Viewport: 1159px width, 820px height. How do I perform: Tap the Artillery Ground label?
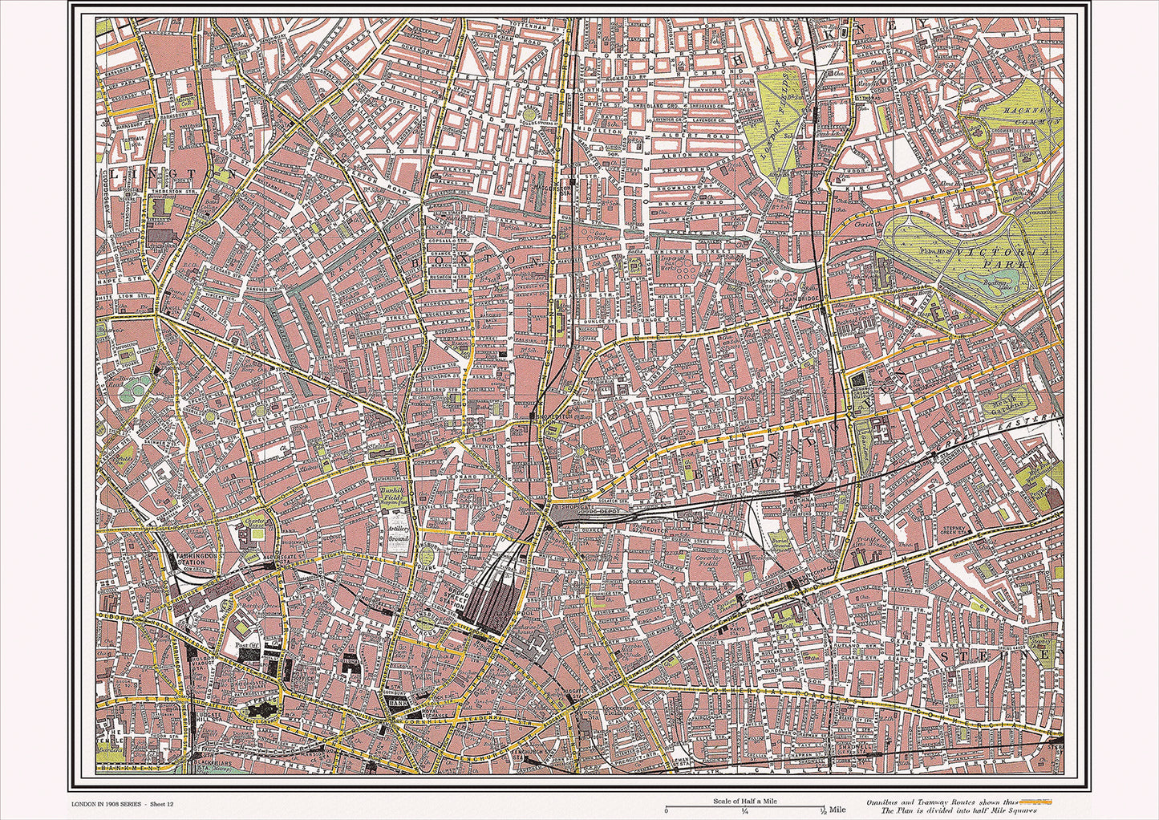click(x=399, y=534)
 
